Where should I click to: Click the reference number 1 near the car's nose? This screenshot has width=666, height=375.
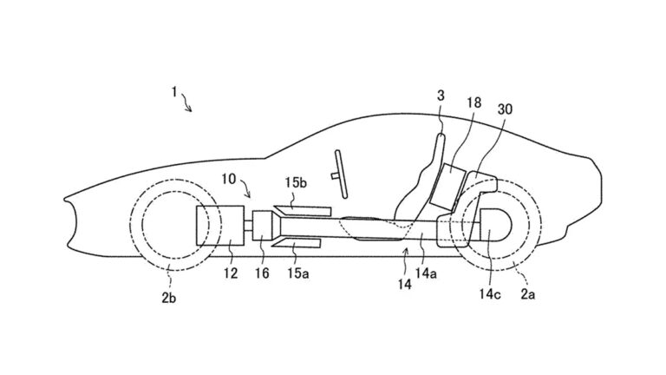174,92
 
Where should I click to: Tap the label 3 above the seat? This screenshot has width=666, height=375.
441,96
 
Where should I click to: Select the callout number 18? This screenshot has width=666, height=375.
473,103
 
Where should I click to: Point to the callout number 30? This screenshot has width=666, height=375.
505,109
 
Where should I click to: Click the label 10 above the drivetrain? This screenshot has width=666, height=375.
229,179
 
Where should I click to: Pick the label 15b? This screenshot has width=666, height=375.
296,183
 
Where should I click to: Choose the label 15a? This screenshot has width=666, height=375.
297,273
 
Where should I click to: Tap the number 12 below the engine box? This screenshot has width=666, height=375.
231,273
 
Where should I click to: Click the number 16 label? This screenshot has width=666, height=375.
262,273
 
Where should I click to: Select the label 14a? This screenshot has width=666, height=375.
426,274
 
